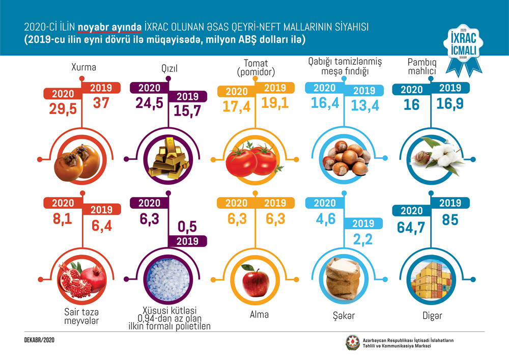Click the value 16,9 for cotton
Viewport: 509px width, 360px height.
pos(450,104)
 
